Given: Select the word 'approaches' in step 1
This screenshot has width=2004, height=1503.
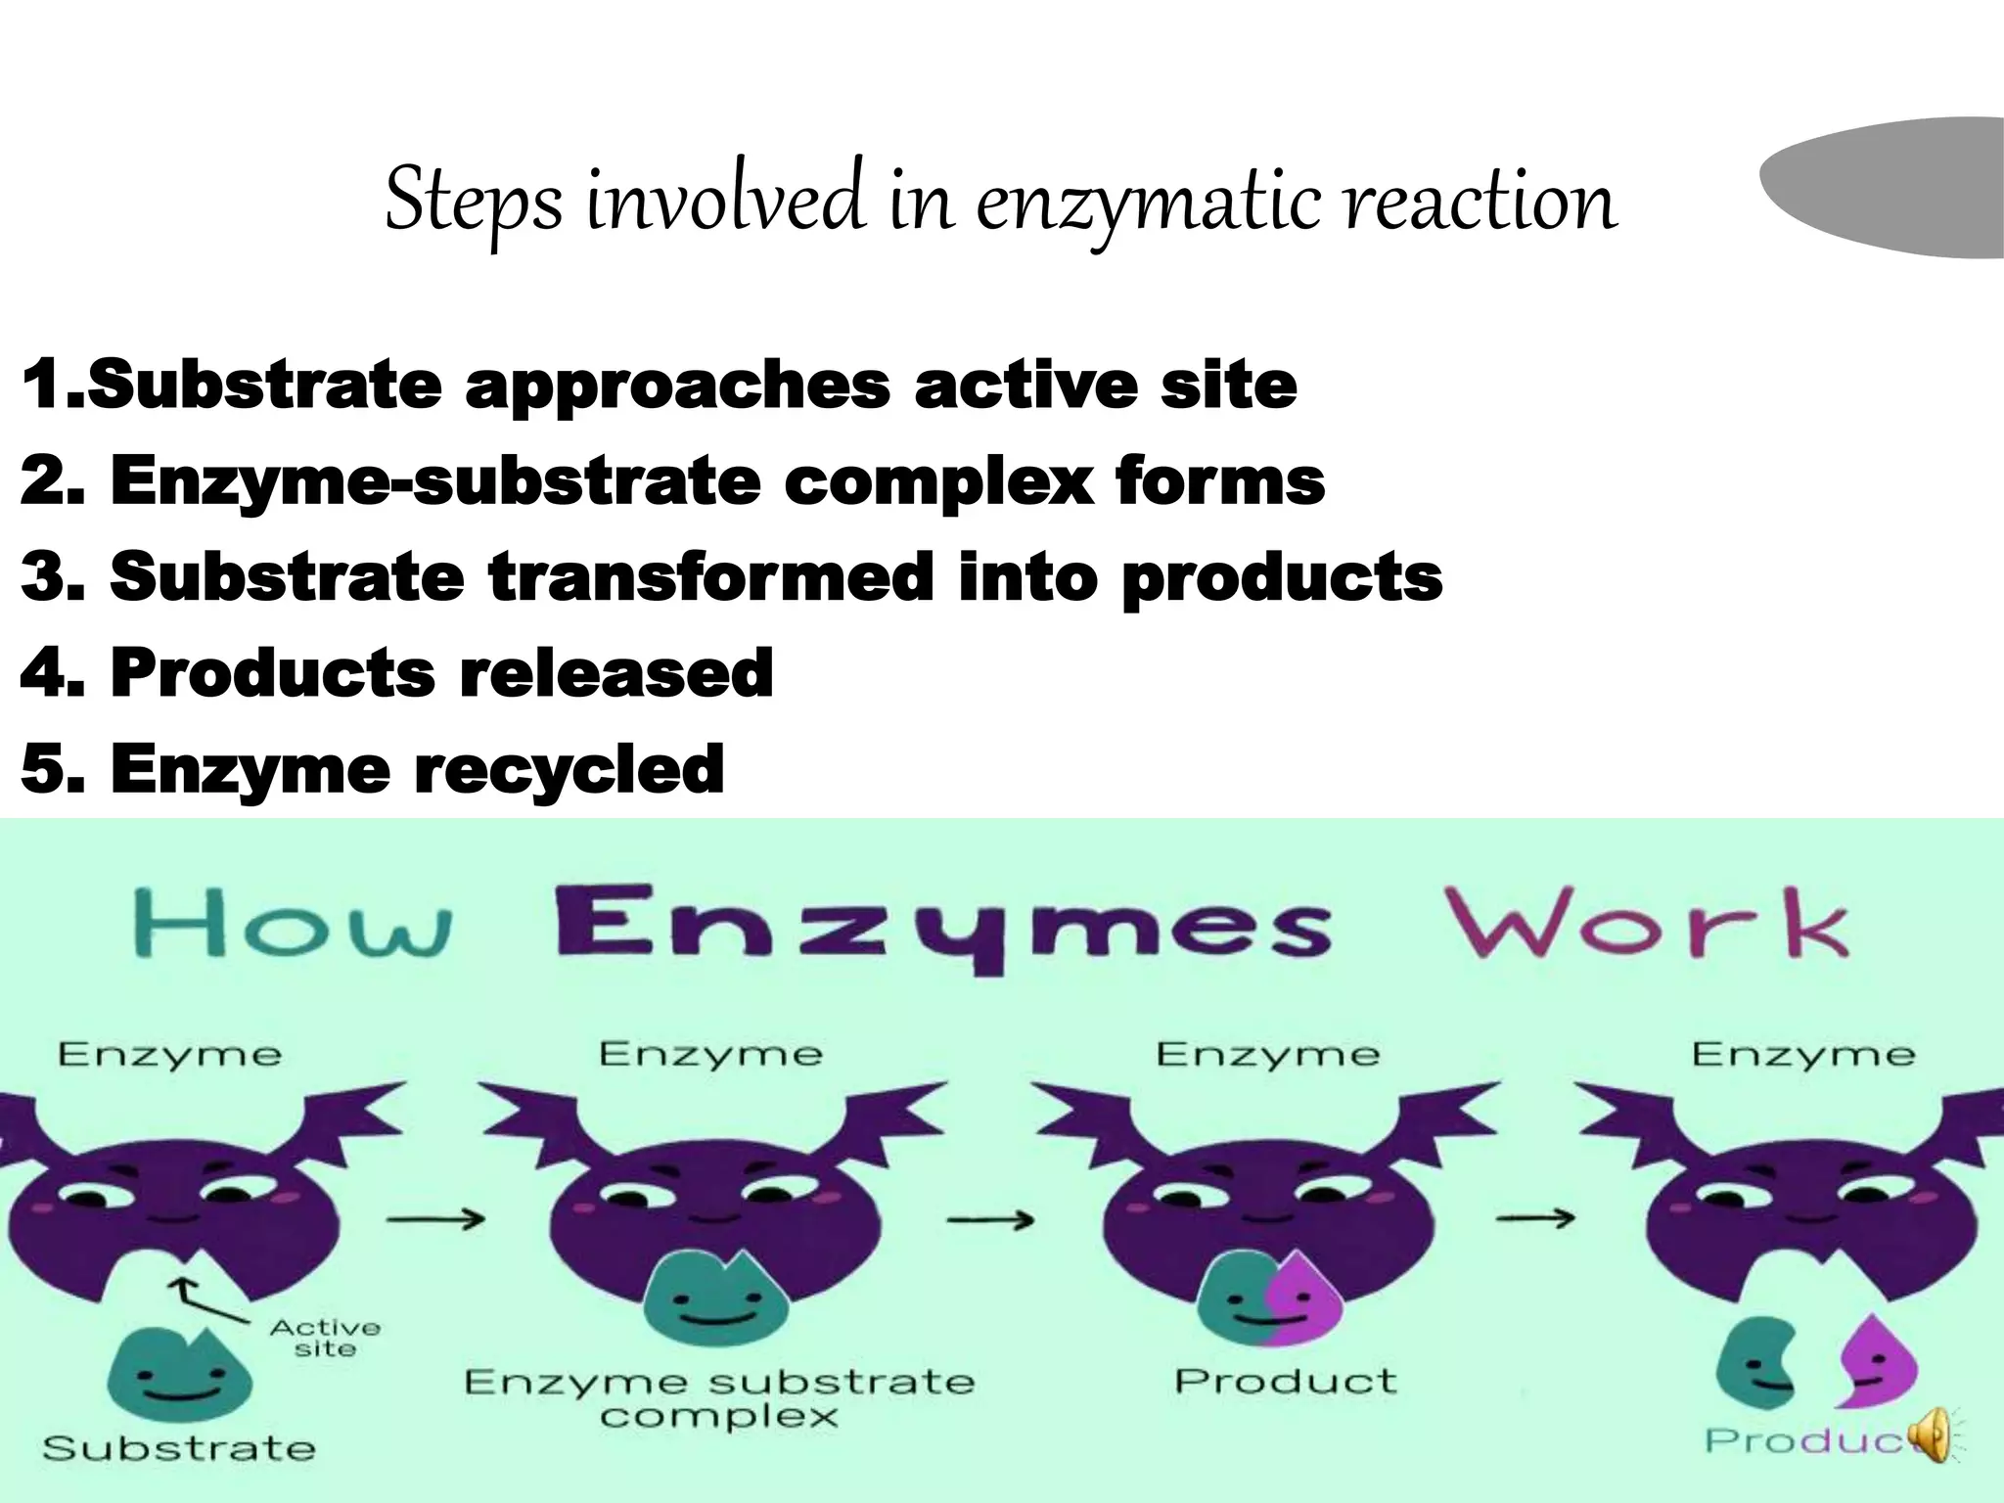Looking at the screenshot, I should pos(677,386).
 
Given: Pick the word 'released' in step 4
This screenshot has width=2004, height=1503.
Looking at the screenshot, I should pos(616,673).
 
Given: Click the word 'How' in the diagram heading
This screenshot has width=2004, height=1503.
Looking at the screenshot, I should pos(292,925).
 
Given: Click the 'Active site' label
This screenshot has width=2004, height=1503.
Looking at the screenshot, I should pos(325,1338).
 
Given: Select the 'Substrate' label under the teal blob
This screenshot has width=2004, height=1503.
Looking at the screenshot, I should pos(179,1448).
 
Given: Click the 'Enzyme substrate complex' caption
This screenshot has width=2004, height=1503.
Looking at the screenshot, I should pos(719,1397).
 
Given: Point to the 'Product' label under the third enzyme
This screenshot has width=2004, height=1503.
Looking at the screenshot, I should pos(1285,1381).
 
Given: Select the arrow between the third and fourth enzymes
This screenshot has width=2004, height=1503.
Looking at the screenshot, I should pos(1535,1218).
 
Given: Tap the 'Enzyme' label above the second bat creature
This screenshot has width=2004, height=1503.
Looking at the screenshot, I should pos(710,1054).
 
